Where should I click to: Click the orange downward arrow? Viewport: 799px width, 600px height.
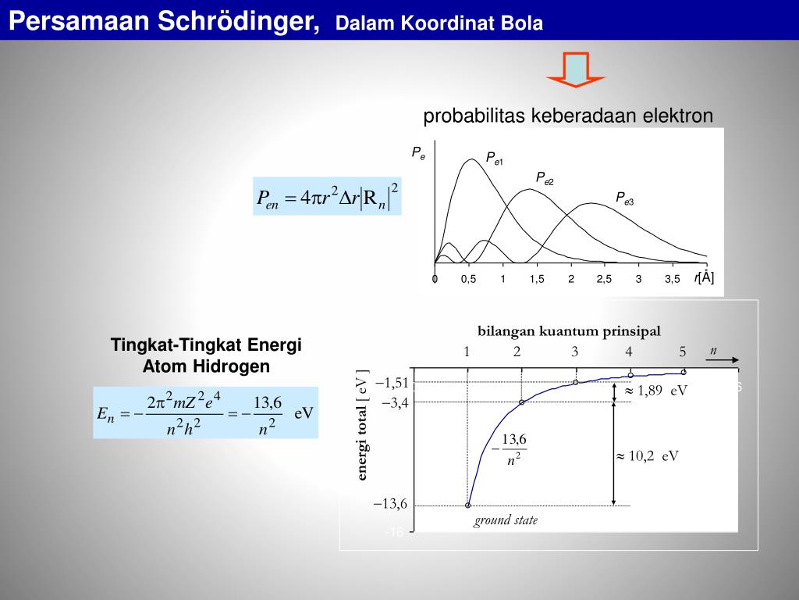(x=576, y=70)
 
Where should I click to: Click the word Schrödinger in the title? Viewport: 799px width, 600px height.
(x=239, y=21)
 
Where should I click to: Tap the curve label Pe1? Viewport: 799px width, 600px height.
(x=494, y=158)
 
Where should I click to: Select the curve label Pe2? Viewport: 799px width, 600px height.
(x=545, y=178)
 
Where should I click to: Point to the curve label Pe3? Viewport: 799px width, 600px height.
(x=625, y=198)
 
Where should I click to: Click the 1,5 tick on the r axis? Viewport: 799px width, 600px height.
(x=537, y=279)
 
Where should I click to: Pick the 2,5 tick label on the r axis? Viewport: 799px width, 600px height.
(x=605, y=279)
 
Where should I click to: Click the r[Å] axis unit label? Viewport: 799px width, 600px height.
(x=704, y=277)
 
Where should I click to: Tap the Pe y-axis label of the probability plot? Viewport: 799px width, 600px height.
(x=418, y=153)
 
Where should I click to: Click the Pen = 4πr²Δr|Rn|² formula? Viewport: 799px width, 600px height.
(x=327, y=196)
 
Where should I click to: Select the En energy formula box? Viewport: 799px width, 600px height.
(x=205, y=412)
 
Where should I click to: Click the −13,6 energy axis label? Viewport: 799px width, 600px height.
(x=390, y=504)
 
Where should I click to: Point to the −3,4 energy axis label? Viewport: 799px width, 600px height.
(x=396, y=402)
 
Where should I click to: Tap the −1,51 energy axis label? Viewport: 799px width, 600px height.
(x=392, y=383)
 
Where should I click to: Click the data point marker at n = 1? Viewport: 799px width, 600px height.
(x=468, y=505)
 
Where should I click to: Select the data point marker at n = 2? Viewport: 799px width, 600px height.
(x=522, y=402)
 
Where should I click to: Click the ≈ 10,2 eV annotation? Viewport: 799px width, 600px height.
(x=648, y=455)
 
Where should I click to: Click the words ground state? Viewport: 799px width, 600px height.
(x=506, y=520)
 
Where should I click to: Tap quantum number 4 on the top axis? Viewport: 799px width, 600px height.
(x=629, y=352)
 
